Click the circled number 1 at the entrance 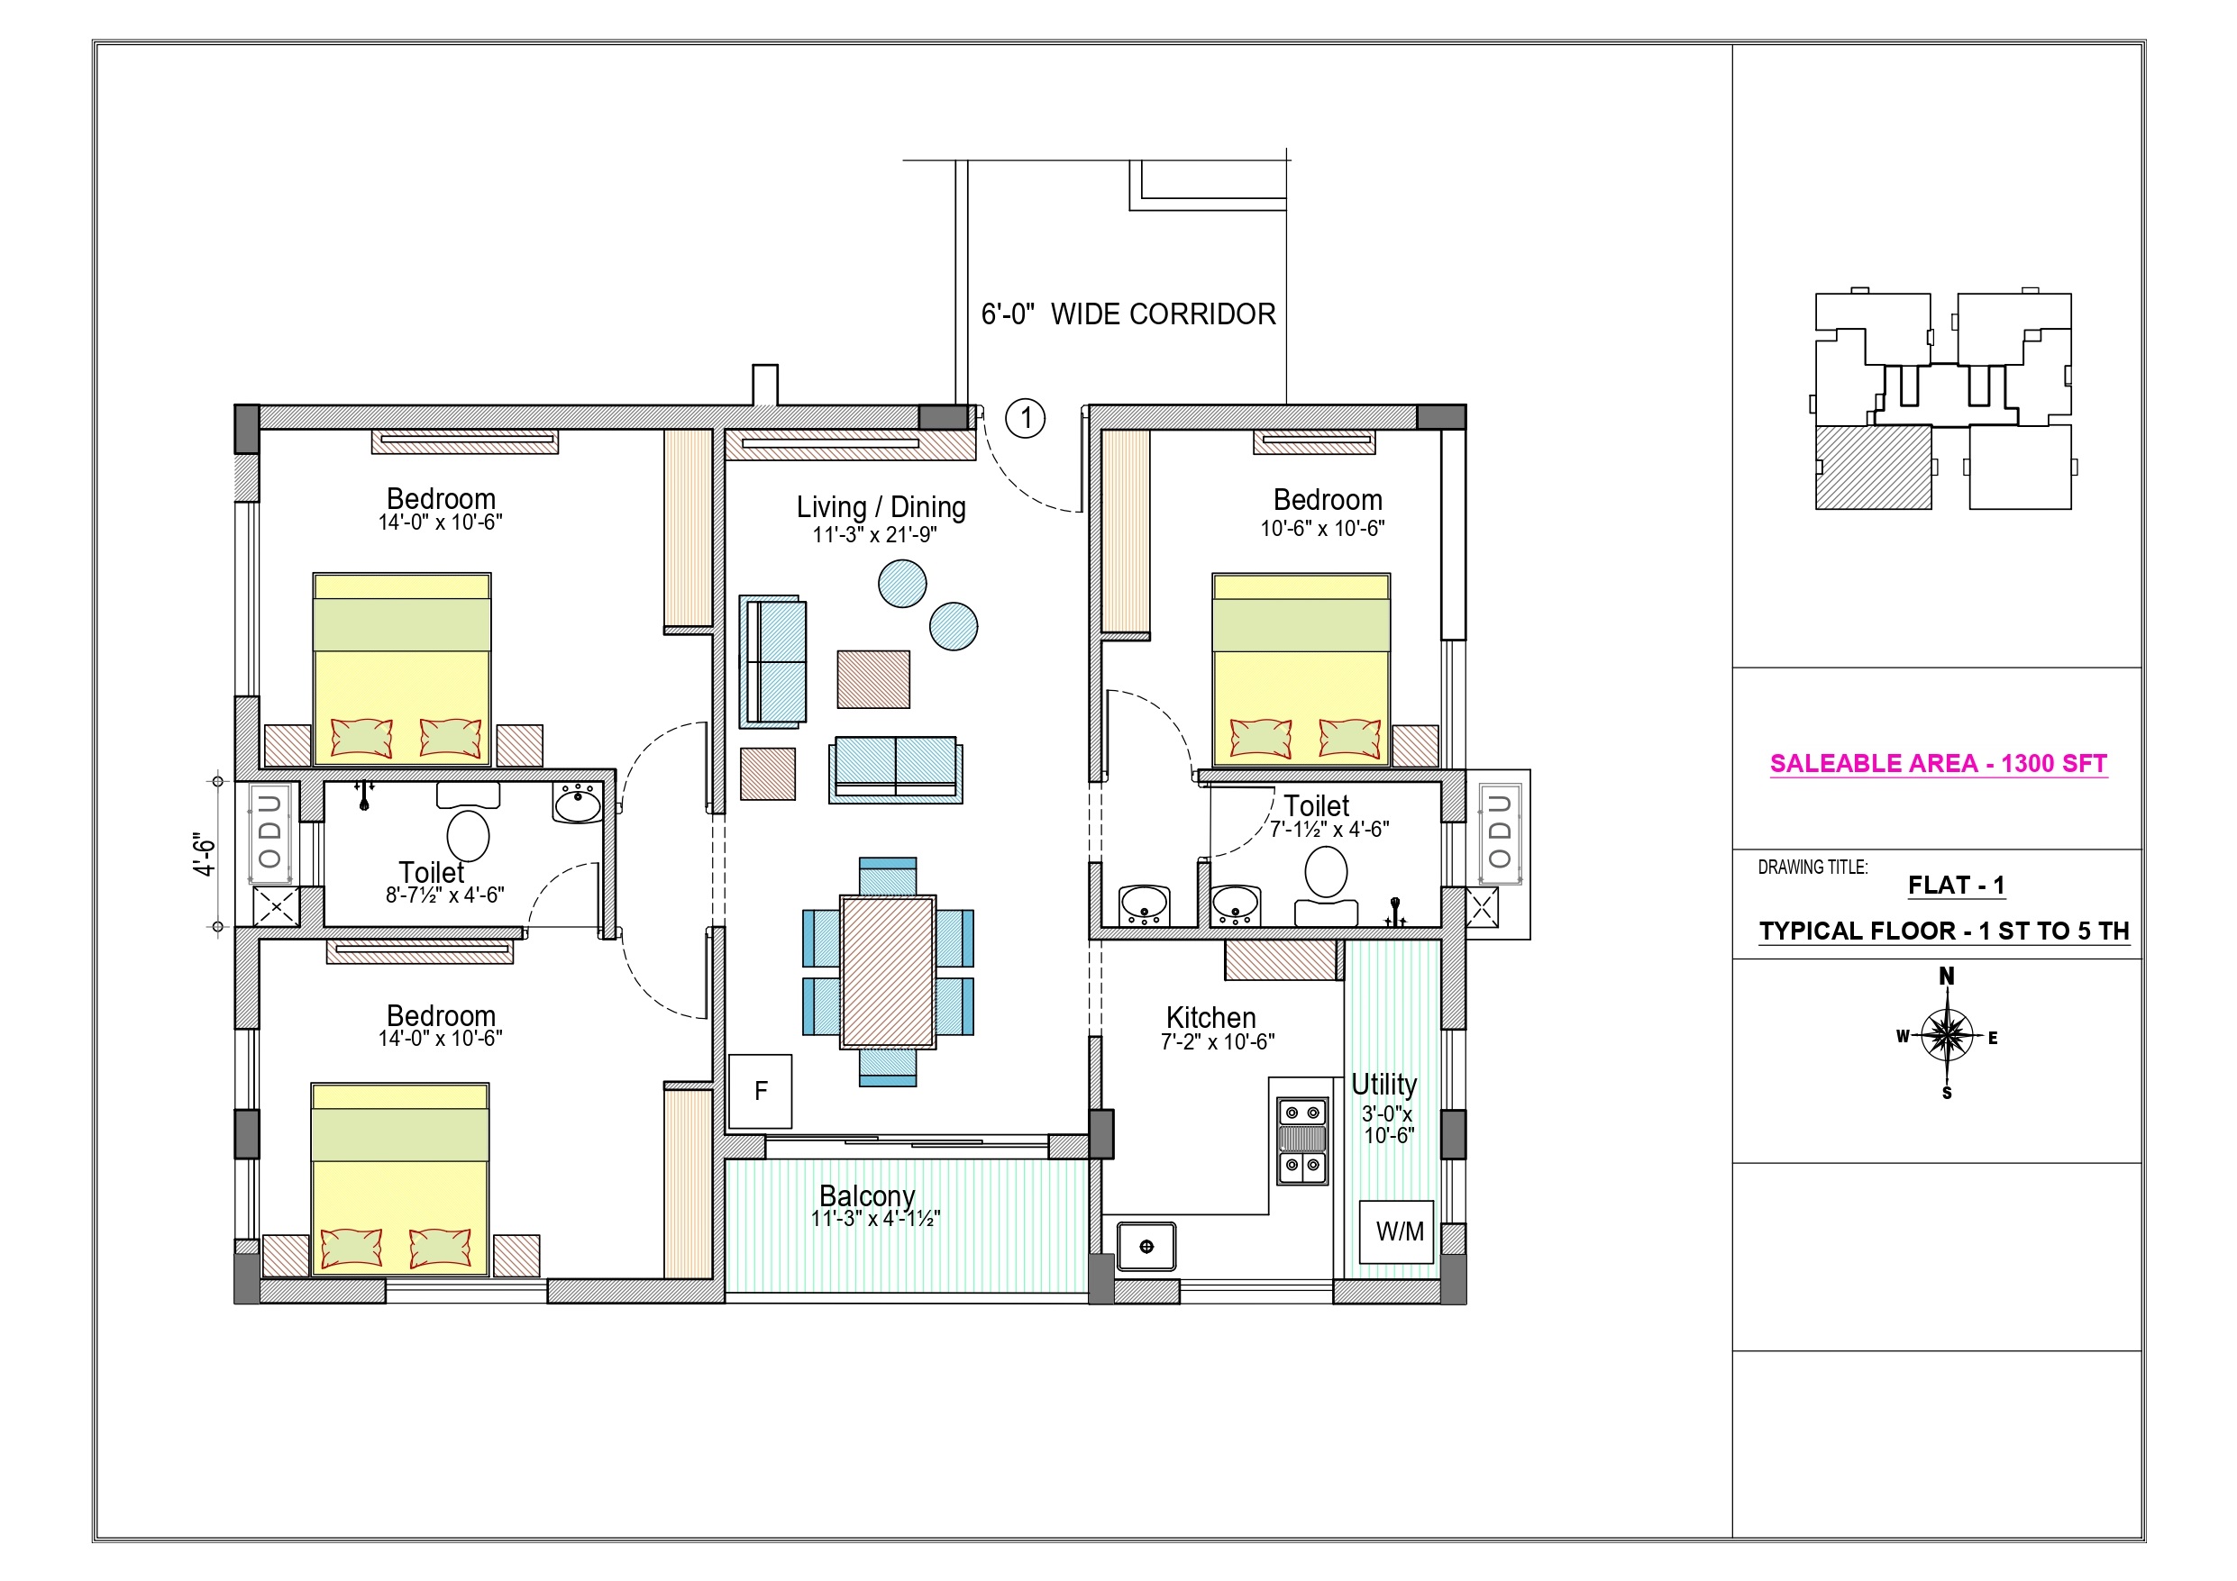(1025, 419)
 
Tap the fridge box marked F (760, 1091)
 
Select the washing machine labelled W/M (1396, 1232)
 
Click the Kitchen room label (1211, 1018)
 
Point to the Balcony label (867, 1195)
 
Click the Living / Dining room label (881, 507)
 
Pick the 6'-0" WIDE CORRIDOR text (1128, 313)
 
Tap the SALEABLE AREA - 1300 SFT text (1938, 764)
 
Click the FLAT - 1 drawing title (1956, 886)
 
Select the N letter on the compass (1947, 976)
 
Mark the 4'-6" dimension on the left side (204, 854)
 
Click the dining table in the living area (888, 972)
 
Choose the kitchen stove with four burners (1302, 1140)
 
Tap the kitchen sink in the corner (1146, 1246)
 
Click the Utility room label (1384, 1085)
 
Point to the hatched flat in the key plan (1873, 467)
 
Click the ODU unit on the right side (1500, 831)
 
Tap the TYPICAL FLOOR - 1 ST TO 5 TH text (1944, 931)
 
